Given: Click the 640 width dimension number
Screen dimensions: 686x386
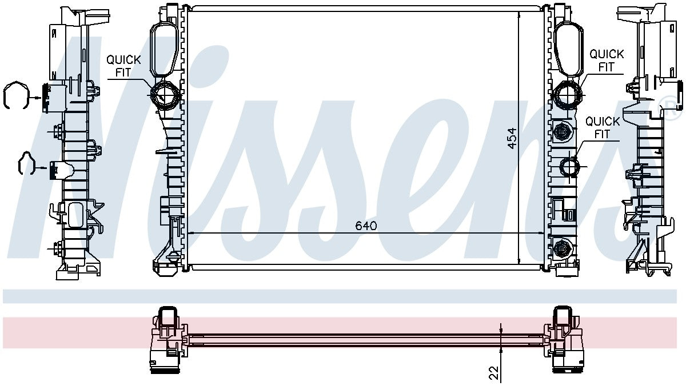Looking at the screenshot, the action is (366, 226).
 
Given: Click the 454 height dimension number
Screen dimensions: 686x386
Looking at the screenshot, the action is (512, 139).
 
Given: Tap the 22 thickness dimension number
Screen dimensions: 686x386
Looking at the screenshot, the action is (494, 373).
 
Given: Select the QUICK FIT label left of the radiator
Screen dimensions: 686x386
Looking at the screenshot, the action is (123, 66).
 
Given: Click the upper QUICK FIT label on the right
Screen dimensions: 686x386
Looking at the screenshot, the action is (607, 61).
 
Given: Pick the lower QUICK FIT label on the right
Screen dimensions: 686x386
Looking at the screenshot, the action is (603, 128).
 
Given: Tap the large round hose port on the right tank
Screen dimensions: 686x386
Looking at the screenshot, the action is (567, 95).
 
